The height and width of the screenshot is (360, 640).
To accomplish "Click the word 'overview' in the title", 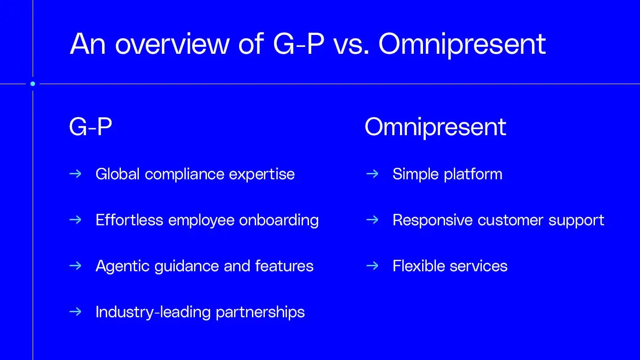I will tap(172, 44).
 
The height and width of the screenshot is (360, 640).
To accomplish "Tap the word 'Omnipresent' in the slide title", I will tap(462, 45).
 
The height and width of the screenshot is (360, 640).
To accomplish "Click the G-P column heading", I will tap(91, 126).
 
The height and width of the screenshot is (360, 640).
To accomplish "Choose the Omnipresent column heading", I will tap(435, 127).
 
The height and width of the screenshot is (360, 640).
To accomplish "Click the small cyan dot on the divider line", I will tap(33, 84).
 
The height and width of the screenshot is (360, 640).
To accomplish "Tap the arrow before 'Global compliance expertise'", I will tap(75, 174).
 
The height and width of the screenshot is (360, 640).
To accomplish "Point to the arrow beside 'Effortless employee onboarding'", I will tap(75, 220).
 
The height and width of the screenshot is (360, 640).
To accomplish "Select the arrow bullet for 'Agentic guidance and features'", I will tap(75, 266).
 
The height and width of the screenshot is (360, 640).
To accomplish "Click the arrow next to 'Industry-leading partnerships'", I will tap(75, 312).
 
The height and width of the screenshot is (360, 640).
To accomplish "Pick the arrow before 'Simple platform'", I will tap(372, 174).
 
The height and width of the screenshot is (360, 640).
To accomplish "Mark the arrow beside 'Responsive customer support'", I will tap(372, 220).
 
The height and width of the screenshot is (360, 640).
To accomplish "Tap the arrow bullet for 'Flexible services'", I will tap(372, 266).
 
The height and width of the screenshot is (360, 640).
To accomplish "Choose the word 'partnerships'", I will tap(260, 313).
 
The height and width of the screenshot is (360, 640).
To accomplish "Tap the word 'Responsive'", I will tap(433, 221).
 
